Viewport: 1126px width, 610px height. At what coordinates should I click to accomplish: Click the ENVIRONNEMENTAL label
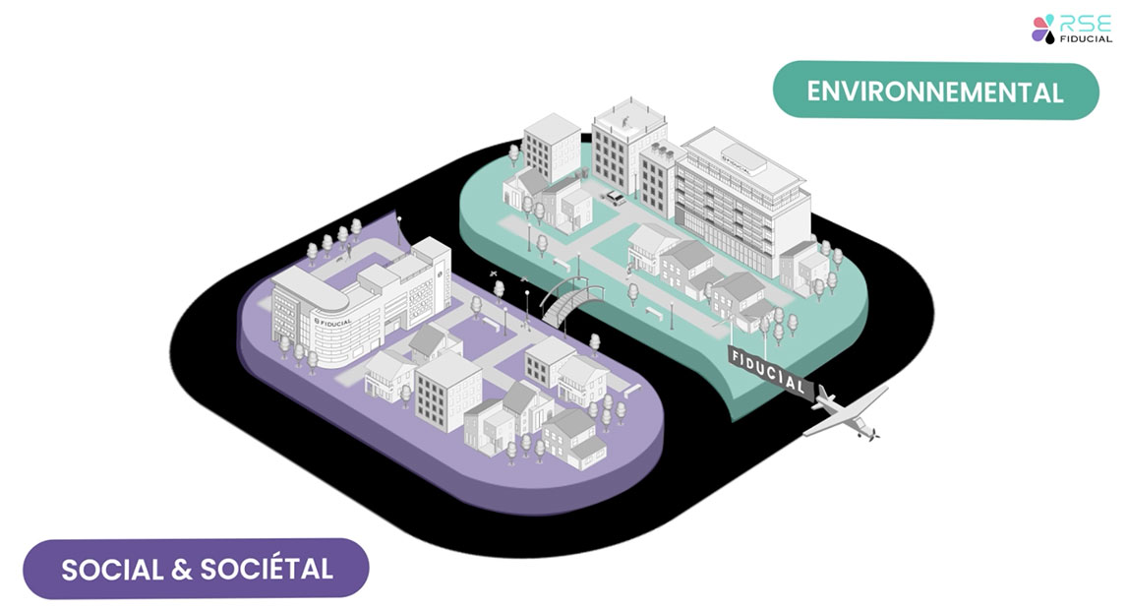pos(935,91)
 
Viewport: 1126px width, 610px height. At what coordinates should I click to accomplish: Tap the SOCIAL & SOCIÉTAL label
pos(197,569)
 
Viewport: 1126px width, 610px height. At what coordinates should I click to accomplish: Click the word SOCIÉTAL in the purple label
pos(267,569)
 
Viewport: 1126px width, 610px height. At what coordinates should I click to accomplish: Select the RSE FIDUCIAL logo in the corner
pos(1071,29)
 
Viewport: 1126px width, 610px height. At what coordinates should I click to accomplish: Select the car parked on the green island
pos(614,198)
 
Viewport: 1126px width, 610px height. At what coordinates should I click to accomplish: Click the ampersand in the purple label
pos(180,569)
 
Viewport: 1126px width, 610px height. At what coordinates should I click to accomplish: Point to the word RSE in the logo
pos(1086,22)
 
